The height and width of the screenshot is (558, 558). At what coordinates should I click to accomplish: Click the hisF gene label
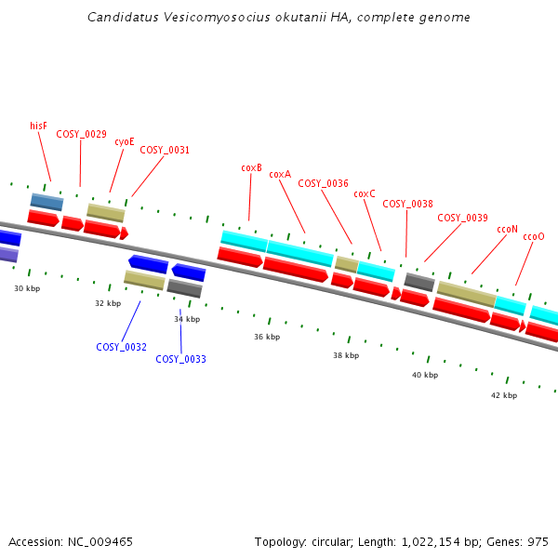pos(38,126)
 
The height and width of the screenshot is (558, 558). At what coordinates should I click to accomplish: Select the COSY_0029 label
pos(81,134)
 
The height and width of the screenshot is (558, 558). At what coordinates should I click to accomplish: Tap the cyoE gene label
pos(125,141)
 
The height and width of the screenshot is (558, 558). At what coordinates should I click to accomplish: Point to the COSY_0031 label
pos(165,150)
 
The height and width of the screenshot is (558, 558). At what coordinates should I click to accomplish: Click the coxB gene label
pos(251,167)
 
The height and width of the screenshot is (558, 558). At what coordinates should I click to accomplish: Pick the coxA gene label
pos(280,174)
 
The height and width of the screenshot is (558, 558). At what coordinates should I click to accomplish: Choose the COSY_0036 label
pos(323,183)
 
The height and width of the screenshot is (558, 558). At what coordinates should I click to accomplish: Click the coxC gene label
pos(365,193)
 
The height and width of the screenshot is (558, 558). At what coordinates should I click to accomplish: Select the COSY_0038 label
pos(407,204)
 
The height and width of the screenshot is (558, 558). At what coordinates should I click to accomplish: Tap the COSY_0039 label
pos(462,218)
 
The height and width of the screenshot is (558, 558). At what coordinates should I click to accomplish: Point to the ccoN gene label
pos(507,228)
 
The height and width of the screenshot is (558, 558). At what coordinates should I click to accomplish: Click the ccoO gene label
pos(534,236)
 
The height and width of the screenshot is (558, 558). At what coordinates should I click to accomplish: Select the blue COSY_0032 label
pos(121,347)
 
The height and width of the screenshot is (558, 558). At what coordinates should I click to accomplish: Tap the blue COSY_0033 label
pos(180,359)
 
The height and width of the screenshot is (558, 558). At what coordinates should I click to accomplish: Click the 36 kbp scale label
pos(267,337)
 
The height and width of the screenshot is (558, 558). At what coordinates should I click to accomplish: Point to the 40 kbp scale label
pos(425,375)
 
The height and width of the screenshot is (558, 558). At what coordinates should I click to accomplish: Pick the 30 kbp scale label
pos(27,288)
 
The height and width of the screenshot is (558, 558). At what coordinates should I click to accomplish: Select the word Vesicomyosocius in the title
pos(206,17)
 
